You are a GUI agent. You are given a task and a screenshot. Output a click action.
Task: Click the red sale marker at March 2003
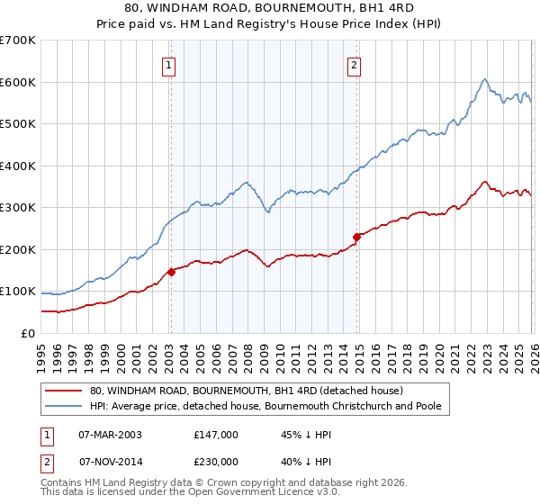point(171,271)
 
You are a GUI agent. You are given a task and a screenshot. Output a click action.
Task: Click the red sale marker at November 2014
point(356,237)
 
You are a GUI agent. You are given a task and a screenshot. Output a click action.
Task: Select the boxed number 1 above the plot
point(169,64)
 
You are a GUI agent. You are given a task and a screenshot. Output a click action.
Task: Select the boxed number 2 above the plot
point(355,64)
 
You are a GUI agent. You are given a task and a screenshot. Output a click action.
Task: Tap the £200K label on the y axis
point(18,249)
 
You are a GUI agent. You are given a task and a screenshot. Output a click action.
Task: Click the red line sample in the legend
point(63,391)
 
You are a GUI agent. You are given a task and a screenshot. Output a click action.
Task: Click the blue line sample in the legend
point(63,406)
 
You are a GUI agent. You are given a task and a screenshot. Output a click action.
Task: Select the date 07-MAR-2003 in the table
point(110,434)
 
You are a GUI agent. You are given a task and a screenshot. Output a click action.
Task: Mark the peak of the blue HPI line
point(484,79)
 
